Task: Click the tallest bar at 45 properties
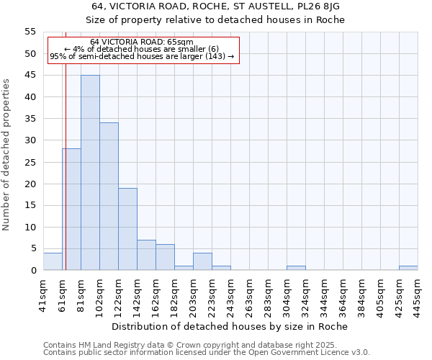click(x=90, y=173)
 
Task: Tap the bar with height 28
click(x=71, y=210)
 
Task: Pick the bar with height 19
click(x=127, y=229)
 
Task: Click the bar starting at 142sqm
click(x=146, y=255)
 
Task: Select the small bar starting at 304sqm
click(x=296, y=268)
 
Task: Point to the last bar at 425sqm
click(x=408, y=268)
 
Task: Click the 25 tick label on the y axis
click(x=30, y=162)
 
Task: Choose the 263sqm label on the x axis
click(x=249, y=293)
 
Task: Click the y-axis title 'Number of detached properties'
click(x=6, y=155)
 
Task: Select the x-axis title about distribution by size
click(x=230, y=326)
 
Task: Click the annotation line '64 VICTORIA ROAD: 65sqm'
click(x=143, y=42)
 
